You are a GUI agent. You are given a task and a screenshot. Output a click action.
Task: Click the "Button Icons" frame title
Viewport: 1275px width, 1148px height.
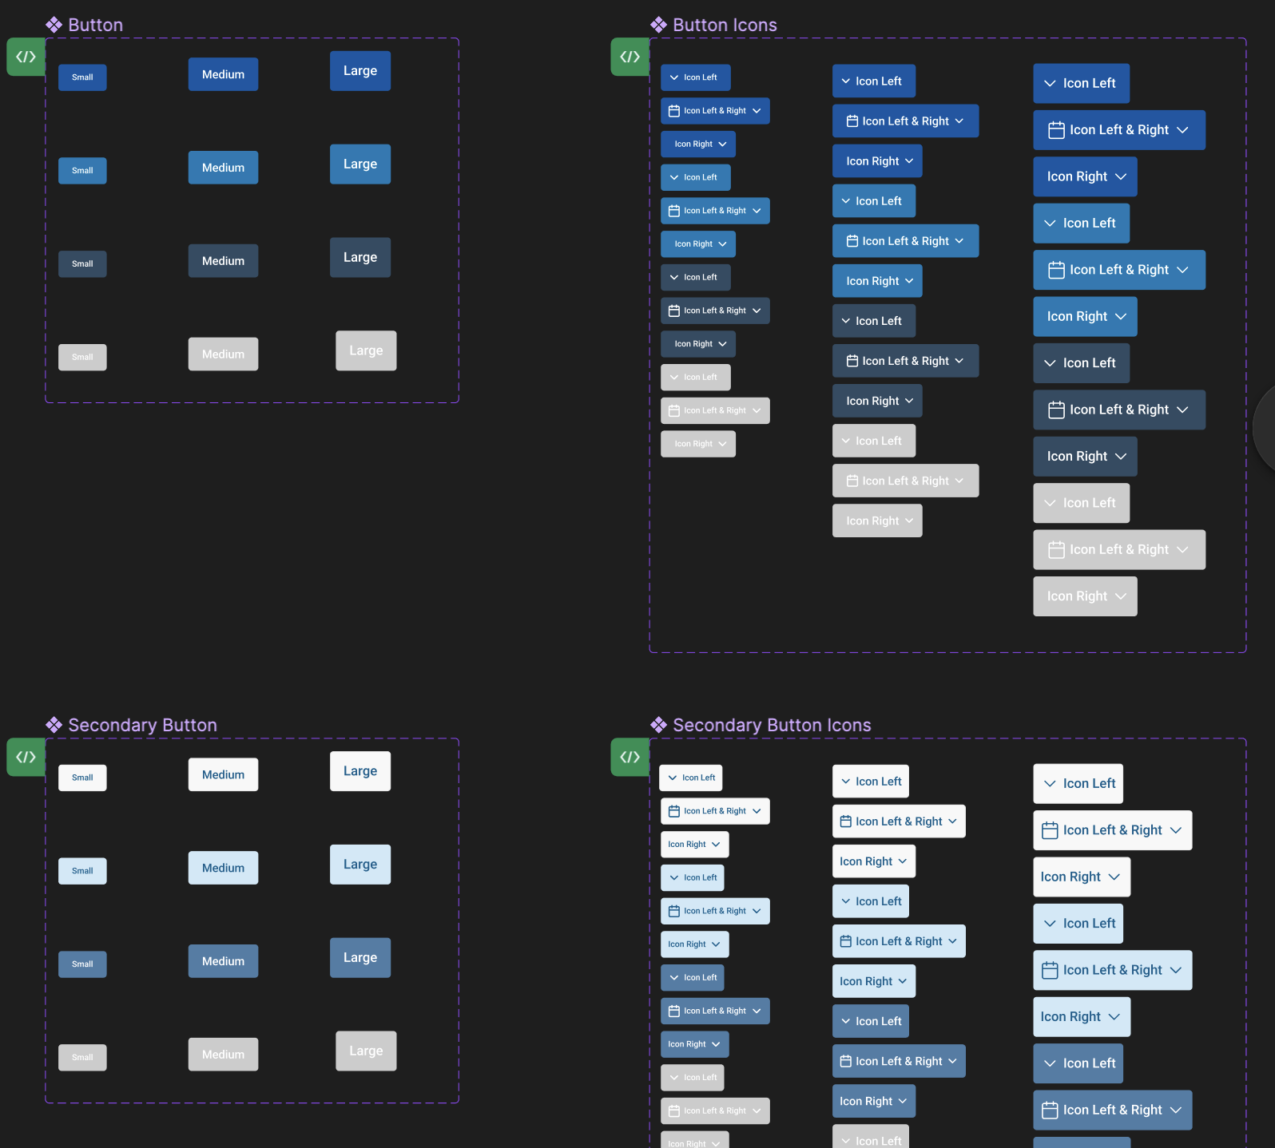click(x=724, y=25)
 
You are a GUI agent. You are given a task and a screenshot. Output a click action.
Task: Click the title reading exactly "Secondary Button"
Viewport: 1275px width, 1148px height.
click(x=142, y=725)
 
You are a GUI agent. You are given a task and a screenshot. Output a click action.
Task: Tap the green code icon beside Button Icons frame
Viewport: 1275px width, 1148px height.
click(x=630, y=57)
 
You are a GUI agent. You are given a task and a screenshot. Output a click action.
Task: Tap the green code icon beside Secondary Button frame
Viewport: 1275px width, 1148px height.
click(x=26, y=757)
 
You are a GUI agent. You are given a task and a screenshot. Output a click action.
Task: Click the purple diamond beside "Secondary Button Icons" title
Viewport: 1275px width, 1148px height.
click(x=658, y=725)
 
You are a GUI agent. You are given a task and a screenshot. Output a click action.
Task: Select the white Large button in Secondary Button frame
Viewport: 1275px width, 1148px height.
click(x=360, y=771)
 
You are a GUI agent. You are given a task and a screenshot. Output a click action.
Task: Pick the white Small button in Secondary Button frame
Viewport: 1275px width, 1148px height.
click(x=82, y=778)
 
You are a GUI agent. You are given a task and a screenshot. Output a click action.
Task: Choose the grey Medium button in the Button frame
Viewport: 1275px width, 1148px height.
click(x=223, y=354)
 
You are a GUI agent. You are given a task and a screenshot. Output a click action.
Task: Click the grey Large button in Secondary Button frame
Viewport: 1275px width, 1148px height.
click(x=366, y=1051)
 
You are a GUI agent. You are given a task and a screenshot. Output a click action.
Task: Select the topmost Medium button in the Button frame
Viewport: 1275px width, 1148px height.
click(x=223, y=74)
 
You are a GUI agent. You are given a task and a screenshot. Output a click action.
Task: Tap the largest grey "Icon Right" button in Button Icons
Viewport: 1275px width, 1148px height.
click(x=1085, y=596)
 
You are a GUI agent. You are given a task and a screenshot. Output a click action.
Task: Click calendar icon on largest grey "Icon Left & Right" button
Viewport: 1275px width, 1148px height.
click(x=1056, y=550)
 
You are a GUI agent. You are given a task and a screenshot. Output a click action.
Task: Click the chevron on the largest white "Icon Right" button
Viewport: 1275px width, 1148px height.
click(x=1114, y=877)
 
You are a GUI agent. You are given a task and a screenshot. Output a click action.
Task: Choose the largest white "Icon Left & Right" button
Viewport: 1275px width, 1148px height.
click(x=1112, y=830)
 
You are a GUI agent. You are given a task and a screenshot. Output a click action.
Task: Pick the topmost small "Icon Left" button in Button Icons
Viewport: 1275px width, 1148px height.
click(x=695, y=77)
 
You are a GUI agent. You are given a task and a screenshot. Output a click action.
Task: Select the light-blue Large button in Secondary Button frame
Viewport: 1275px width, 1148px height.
click(x=360, y=865)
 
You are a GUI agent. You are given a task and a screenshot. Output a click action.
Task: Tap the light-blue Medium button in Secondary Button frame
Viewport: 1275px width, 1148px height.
click(x=223, y=868)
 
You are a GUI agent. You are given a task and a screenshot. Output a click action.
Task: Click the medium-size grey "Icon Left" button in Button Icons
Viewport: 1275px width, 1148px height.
click(x=873, y=441)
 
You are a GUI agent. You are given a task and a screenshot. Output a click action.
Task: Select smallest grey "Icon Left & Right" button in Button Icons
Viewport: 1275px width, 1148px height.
click(x=715, y=410)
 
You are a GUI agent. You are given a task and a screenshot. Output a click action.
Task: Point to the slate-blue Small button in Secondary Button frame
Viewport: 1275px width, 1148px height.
click(x=82, y=964)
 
